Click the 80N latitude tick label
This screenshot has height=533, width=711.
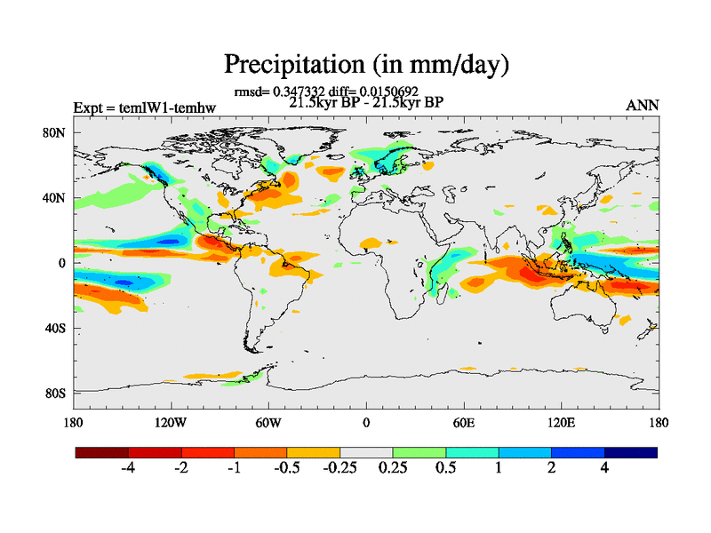[x=56, y=133]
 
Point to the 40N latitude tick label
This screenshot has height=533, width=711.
[x=56, y=198]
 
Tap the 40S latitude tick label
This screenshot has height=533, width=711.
[x=56, y=329]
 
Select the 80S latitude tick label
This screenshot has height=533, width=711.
[x=56, y=394]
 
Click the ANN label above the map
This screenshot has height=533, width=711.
[x=643, y=106]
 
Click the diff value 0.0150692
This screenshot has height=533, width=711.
[x=387, y=91]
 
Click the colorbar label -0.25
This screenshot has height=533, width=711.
[x=340, y=468]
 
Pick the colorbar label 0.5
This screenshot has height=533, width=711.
[x=445, y=468]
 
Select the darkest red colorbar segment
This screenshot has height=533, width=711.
[x=102, y=452]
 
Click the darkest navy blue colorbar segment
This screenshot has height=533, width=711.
[x=631, y=452]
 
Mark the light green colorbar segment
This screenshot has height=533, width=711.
[x=419, y=452]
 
